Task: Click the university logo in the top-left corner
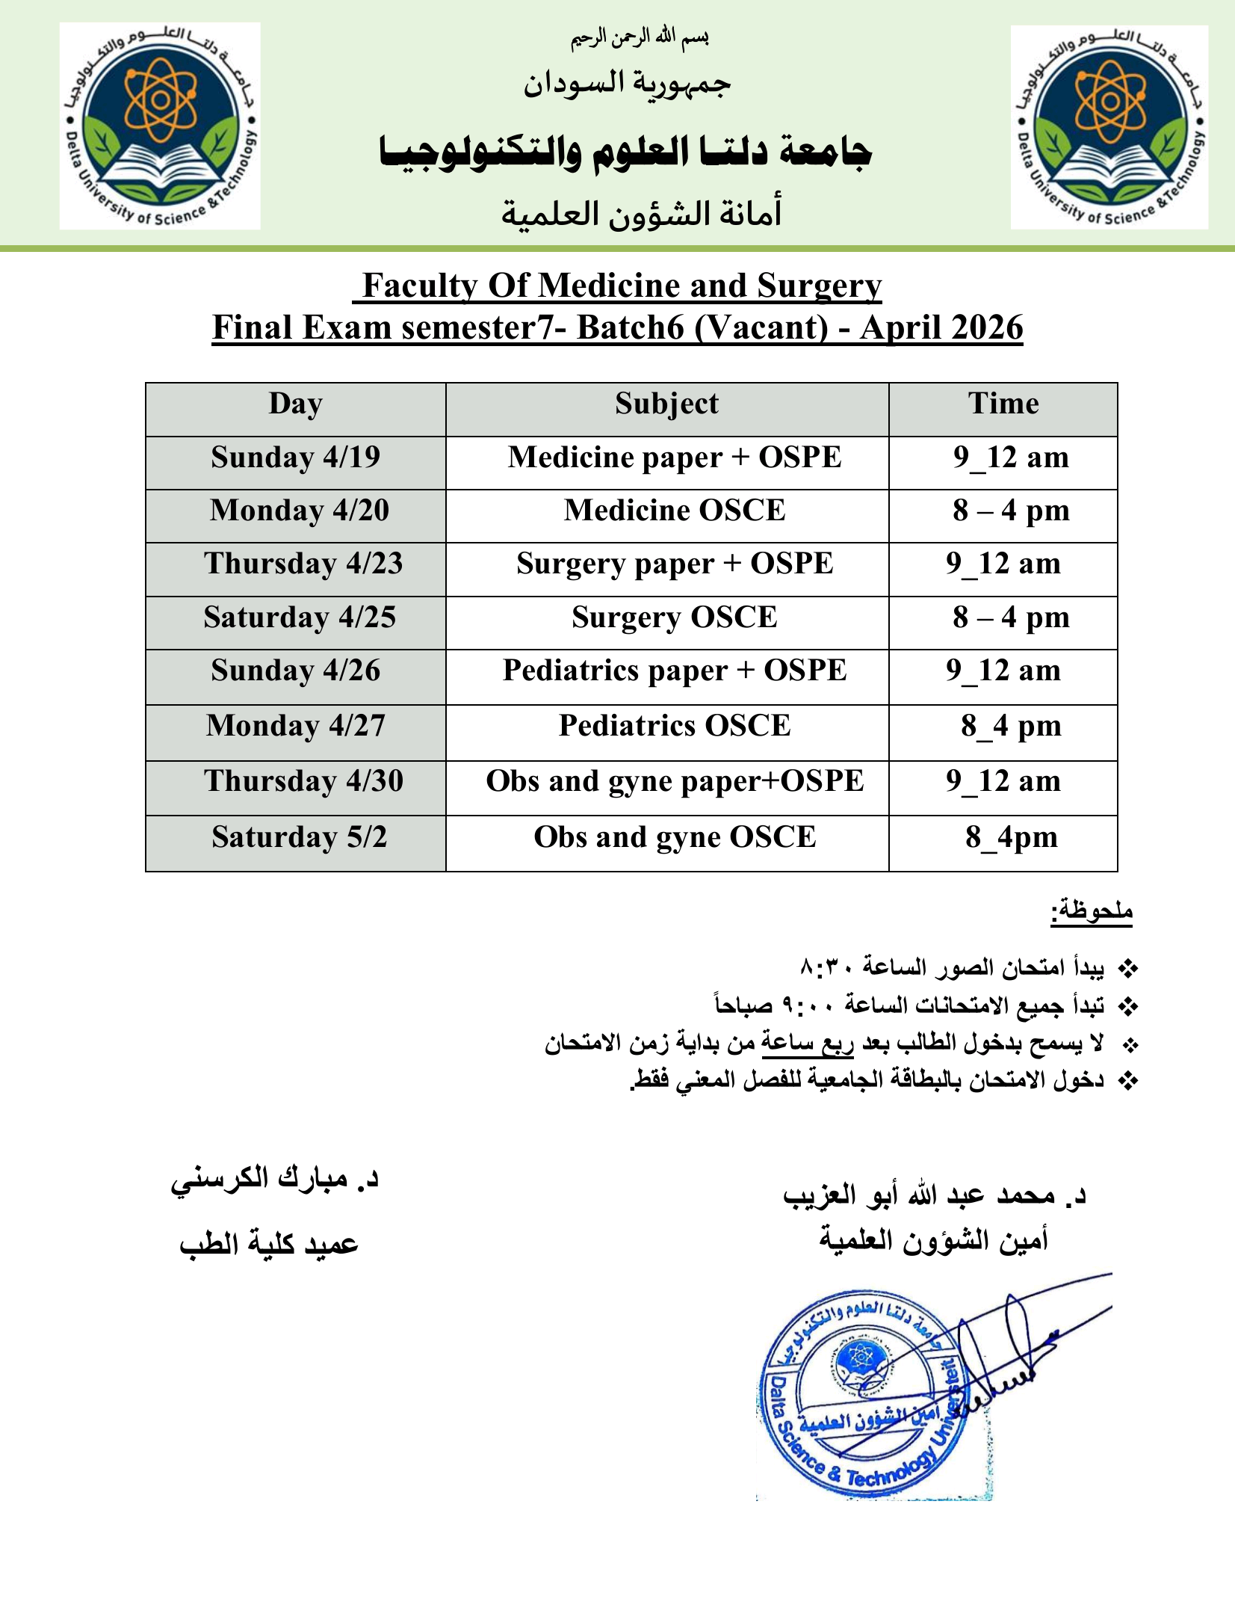pyautogui.click(x=160, y=126)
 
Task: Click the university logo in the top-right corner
pyautogui.click(x=1109, y=127)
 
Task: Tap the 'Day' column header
pyautogui.click(x=295, y=404)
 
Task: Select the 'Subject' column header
pyautogui.click(x=666, y=404)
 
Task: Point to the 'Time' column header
pyautogui.click(x=1003, y=404)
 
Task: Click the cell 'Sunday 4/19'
pyautogui.click(x=295, y=457)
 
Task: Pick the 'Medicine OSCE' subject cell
pyautogui.click(x=675, y=511)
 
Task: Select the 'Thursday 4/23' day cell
pyautogui.click(x=303, y=564)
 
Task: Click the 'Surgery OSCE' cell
pyautogui.click(x=675, y=618)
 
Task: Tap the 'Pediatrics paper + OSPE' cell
pyautogui.click(x=675, y=671)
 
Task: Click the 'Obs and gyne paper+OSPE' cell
pyautogui.click(x=675, y=782)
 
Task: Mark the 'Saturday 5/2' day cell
pyautogui.click(x=299, y=838)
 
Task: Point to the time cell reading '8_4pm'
pyautogui.click(x=1011, y=838)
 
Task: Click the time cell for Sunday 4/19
pyautogui.click(x=1011, y=457)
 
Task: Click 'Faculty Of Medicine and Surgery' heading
pyautogui.click(x=621, y=286)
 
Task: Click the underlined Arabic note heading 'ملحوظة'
pyautogui.click(x=1092, y=911)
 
